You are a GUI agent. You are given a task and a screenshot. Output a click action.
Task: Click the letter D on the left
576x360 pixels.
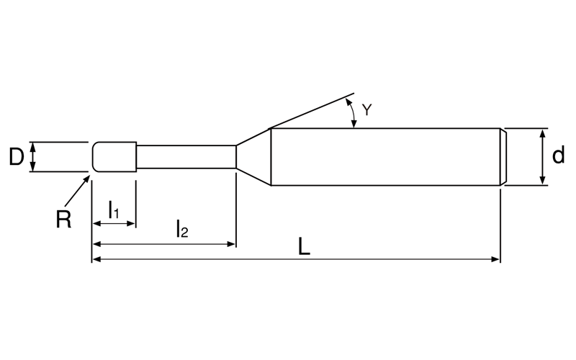(16, 157)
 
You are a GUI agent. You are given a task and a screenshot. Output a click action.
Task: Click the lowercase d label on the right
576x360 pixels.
(559, 156)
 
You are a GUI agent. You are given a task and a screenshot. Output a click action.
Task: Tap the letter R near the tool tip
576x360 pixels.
(63, 220)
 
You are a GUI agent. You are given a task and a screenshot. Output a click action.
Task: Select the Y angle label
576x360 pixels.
(366, 109)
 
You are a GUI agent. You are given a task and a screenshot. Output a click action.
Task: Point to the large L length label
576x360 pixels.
(304, 246)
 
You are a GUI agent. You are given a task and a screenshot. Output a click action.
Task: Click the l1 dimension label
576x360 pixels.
(114, 210)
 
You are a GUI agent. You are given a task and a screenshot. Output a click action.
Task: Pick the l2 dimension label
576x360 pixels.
(182, 228)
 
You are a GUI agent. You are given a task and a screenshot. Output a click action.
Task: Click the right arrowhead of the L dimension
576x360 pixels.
(495, 259)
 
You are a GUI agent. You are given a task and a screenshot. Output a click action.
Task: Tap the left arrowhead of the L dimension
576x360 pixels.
(96, 259)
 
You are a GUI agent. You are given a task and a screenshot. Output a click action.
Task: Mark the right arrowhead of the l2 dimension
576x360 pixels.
(231, 244)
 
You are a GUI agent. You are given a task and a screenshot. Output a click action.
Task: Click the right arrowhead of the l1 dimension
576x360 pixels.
(131, 223)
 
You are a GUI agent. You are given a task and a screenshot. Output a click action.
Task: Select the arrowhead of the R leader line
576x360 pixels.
(86, 179)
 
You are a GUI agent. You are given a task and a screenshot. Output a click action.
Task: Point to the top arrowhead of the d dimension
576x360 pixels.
(542, 133)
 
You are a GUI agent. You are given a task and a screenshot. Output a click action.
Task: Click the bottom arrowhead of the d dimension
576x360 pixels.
(542, 181)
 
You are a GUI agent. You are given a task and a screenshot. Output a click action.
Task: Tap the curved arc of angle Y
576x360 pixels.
(352, 113)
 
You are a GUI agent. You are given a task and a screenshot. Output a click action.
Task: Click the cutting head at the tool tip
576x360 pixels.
(114, 157)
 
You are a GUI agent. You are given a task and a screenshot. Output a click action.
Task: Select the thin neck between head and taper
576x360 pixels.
(186, 157)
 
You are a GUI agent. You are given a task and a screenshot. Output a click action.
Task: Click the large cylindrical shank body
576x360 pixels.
(386, 157)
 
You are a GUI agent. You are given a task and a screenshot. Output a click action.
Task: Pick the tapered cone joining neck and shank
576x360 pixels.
(253, 157)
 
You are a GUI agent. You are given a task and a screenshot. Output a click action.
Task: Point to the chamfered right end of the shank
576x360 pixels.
(503, 157)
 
